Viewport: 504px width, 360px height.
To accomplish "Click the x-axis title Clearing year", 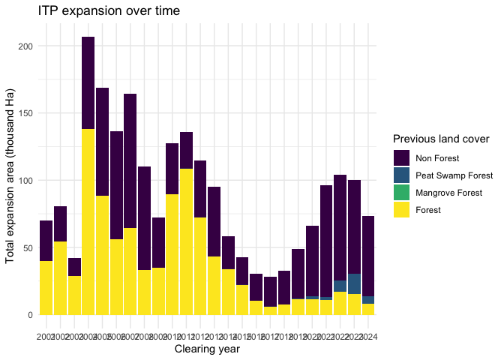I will click(x=207, y=349).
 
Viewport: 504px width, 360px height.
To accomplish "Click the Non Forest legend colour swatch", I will click(x=401, y=157).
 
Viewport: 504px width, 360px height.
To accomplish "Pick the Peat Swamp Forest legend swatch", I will click(x=401, y=175).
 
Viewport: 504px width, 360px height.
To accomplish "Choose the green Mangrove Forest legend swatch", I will click(x=401, y=192).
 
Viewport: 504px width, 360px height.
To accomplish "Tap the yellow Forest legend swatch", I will click(x=401, y=209).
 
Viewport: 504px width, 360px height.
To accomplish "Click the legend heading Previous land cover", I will click(x=441, y=139).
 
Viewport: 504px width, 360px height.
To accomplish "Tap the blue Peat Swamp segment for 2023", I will click(x=355, y=284).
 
